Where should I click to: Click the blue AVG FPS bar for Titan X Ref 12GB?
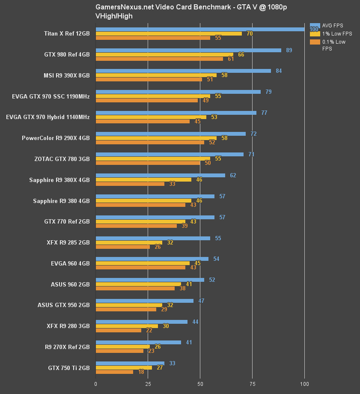(200, 29)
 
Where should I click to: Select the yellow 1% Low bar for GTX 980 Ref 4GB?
(164, 54)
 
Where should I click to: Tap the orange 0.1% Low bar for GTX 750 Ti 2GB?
(114, 372)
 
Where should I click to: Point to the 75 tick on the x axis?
(252, 384)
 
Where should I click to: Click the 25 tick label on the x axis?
(148, 384)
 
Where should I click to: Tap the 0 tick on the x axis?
(95, 384)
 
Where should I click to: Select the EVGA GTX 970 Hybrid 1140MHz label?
(48, 117)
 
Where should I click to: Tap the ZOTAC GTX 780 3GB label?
(62, 159)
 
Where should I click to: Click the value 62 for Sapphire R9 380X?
(233, 175)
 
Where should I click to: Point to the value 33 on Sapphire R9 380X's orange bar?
(172, 184)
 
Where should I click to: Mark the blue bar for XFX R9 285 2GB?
(153, 238)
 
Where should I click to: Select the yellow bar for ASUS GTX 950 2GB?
(129, 305)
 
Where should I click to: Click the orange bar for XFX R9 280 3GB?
(118, 330)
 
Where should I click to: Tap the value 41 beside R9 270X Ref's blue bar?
(189, 343)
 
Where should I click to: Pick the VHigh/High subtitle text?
(114, 16)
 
